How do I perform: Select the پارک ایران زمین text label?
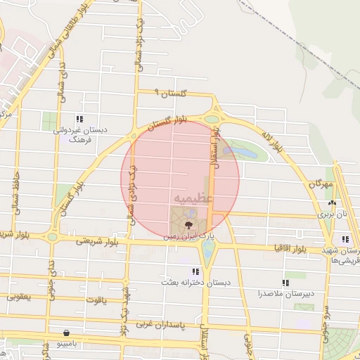click(x=187, y=238)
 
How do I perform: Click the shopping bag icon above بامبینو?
click(x=66, y=333)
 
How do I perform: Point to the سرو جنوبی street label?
click(x=327, y=327)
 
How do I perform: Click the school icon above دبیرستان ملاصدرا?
click(x=285, y=283)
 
